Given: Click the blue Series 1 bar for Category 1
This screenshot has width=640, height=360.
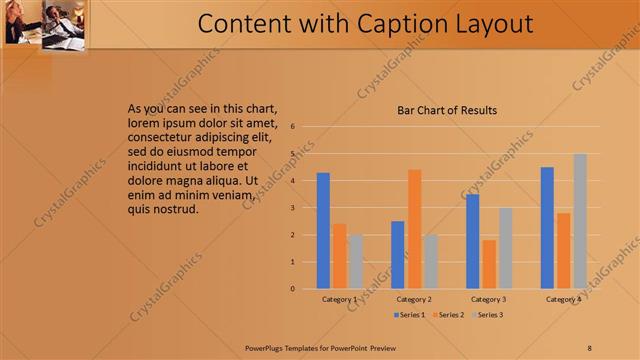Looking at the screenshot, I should pos(323,231).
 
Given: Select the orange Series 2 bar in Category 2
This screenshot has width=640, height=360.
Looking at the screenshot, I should pos(414,229).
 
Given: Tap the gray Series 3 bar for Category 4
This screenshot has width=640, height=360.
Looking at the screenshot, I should pos(580,221).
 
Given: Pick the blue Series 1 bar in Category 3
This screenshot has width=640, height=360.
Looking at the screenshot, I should pos(472,241).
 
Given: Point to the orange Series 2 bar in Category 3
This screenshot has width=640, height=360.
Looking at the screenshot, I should pos(489,264).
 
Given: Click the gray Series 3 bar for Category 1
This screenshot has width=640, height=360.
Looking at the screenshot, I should pos(356,262).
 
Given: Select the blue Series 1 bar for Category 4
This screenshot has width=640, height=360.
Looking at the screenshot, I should pos(547,228).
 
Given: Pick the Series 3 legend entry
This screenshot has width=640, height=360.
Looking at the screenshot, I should pos(486,315).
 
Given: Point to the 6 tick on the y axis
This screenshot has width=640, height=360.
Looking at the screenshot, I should pos(292,127).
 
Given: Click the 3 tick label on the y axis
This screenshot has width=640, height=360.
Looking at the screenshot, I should pos(292,208).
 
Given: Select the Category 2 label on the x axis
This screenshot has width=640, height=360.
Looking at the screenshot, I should pos(414,299).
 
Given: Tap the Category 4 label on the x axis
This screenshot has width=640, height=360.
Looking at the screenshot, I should pos(563,299).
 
